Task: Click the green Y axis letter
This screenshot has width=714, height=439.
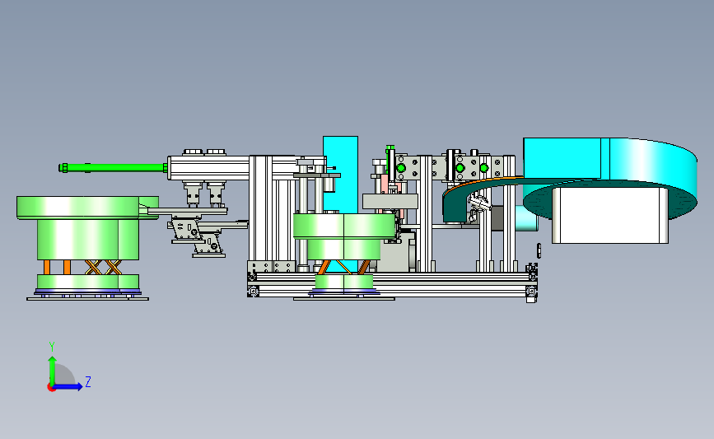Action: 52,347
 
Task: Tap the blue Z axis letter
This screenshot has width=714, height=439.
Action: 88,381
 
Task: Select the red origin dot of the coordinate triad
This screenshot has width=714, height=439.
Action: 51,388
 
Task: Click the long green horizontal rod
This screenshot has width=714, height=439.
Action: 114,167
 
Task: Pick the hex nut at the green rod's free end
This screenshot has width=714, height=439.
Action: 63,167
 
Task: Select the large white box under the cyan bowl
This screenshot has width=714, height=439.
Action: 609,215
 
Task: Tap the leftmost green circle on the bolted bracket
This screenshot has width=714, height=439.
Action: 401,168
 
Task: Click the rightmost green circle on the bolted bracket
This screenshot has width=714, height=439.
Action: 484,168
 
